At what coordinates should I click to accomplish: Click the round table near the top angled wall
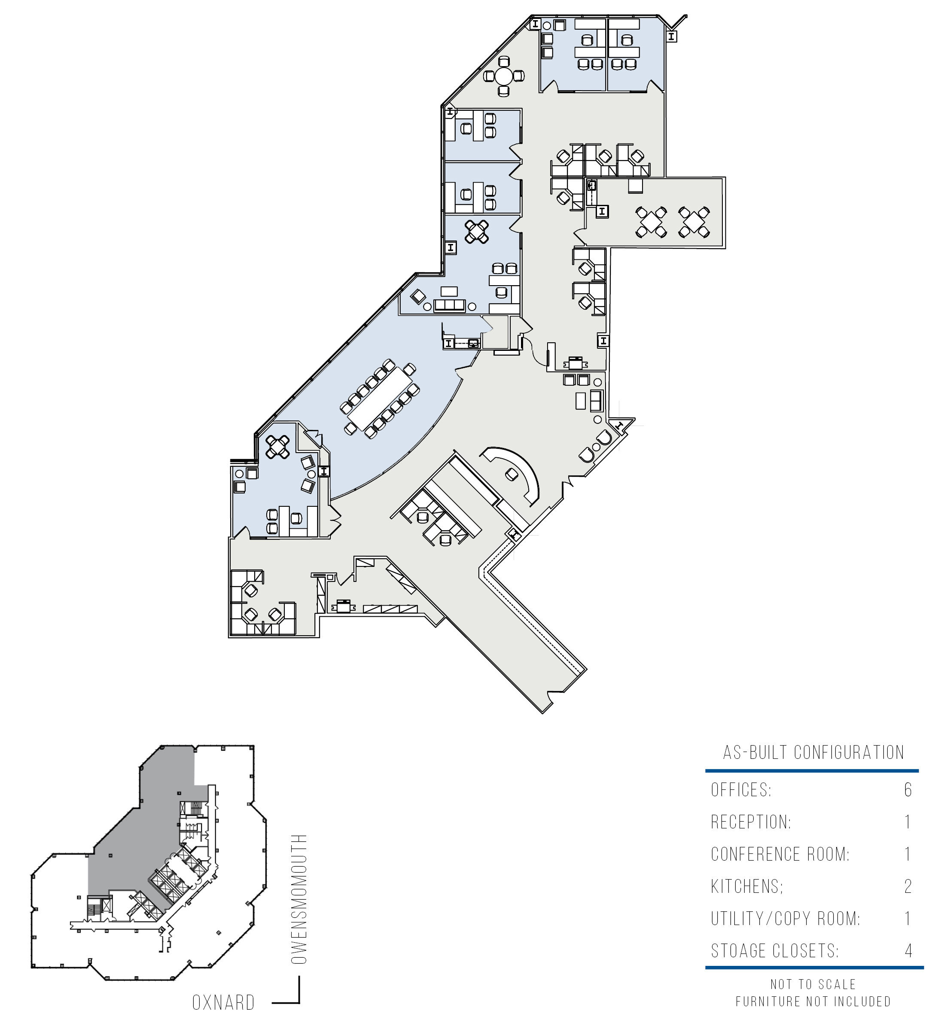tap(504, 76)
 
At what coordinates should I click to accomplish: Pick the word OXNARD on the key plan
tap(223, 1003)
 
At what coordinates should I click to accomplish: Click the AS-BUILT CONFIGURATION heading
tap(814, 752)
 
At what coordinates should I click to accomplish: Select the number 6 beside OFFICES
tap(908, 790)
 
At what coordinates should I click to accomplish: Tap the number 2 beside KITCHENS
tap(908, 886)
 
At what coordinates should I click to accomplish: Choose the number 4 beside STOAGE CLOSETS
tap(908, 950)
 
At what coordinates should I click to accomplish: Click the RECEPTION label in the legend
tap(751, 822)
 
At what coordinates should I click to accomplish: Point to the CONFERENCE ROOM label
tap(780, 854)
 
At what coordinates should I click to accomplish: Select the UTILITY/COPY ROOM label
tap(786, 918)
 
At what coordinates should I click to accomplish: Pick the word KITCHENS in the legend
tap(747, 886)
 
